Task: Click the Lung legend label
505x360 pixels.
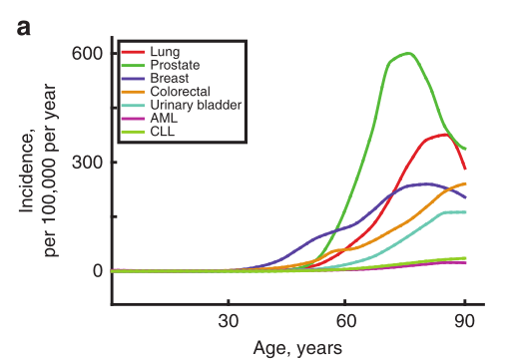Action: click(165, 52)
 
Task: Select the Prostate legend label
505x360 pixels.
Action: click(175, 65)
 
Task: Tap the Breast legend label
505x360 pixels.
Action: click(170, 78)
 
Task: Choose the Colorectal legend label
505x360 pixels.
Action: click(180, 92)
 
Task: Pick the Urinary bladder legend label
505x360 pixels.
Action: click(196, 105)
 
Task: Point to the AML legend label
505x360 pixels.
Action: click(164, 118)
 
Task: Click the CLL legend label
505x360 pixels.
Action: click(163, 132)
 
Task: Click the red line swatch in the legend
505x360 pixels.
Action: click(133, 52)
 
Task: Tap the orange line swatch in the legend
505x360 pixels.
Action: click(133, 92)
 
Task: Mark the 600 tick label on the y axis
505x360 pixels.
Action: click(87, 54)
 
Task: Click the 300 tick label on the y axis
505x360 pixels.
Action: click(87, 163)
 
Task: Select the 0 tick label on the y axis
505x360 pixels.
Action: click(98, 271)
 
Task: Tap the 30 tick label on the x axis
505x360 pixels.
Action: click(229, 321)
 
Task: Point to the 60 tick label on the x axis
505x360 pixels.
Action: click(346, 321)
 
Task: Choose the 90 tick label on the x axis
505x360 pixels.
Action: click(464, 321)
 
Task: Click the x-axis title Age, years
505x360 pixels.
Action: click(297, 349)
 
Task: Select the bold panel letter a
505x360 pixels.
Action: click(24, 28)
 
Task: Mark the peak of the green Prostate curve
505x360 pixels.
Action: click(408, 53)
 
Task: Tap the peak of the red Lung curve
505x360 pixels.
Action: click(445, 135)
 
